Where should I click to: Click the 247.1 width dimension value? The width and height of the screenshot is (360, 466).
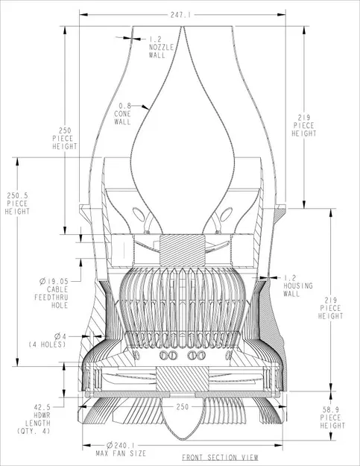click(x=181, y=14)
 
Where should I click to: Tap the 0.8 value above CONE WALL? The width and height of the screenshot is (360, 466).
click(x=123, y=105)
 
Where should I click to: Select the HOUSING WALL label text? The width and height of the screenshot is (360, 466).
click(x=298, y=289)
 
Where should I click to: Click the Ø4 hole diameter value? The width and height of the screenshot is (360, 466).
click(x=61, y=336)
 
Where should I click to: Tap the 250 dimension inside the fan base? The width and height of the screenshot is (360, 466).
click(x=183, y=407)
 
